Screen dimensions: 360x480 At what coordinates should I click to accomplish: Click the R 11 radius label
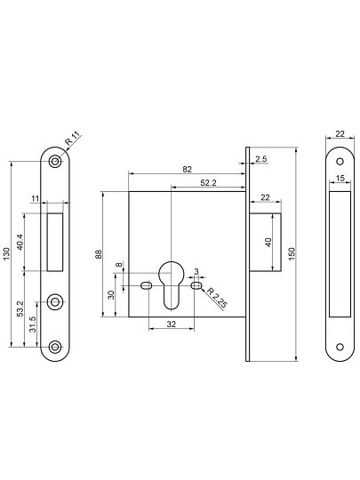pyautogui.click(x=73, y=138)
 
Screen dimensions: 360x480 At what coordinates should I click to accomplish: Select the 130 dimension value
pyautogui.click(x=7, y=254)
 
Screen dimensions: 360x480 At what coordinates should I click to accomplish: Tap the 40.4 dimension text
pyautogui.click(x=20, y=242)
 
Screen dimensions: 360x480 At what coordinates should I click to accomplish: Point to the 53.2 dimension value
pyautogui.click(x=20, y=308)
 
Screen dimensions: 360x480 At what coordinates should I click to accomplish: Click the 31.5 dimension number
pyautogui.click(x=33, y=324)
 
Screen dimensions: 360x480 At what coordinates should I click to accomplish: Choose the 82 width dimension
pyautogui.click(x=187, y=169)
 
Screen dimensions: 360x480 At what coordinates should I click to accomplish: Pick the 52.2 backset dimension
pyautogui.click(x=209, y=183)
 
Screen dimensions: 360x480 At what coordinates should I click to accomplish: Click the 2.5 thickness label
pyautogui.click(x=261, y=159)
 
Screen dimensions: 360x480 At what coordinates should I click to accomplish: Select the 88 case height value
pyautogui.click(x=99, y=254)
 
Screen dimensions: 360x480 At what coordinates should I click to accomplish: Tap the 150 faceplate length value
pyautogui.click(x=292, y=254)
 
